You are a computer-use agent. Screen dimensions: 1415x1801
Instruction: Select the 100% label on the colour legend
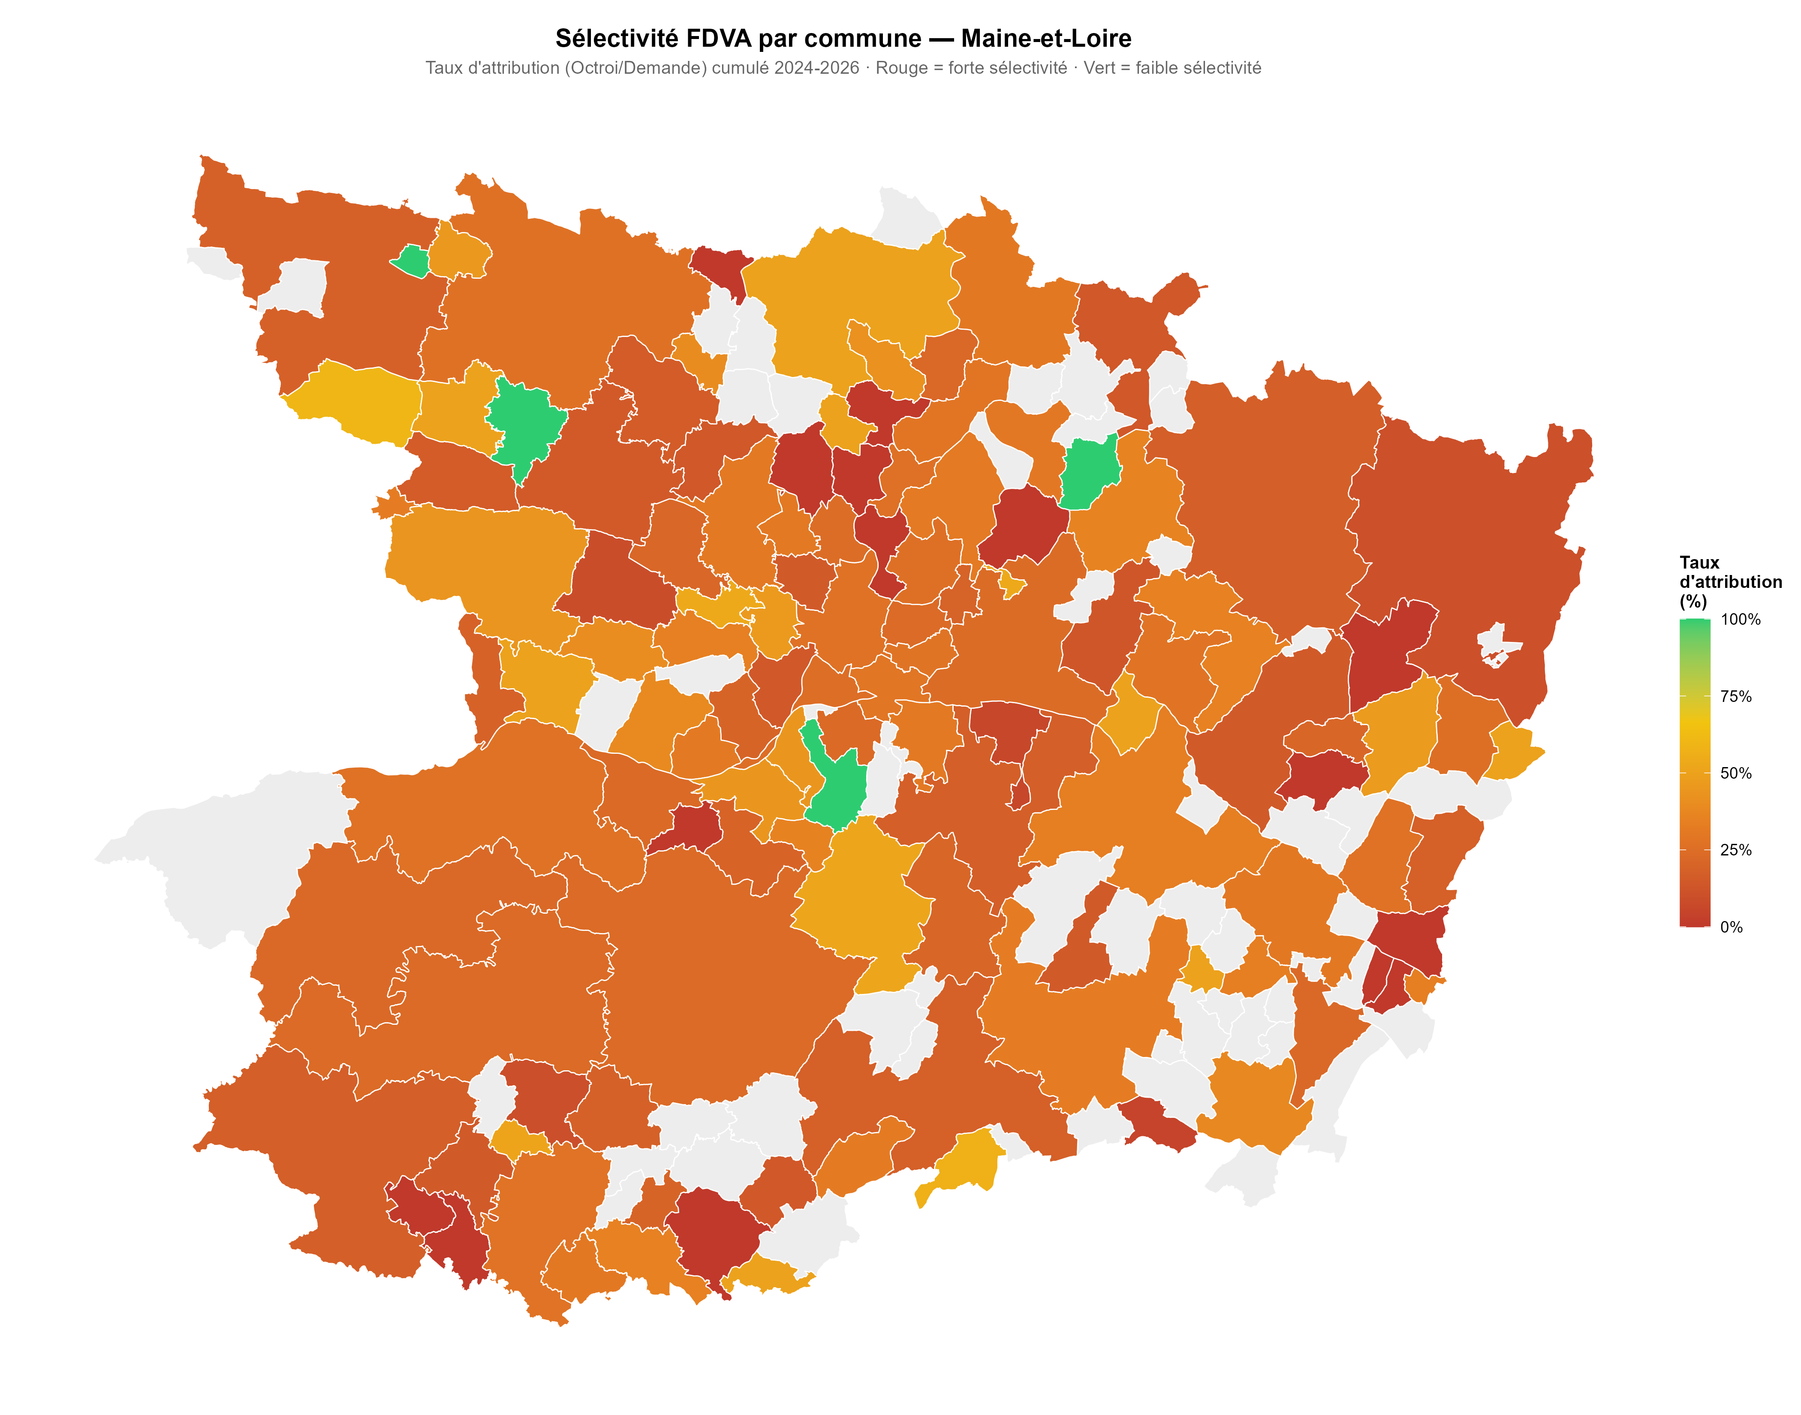click(x=1741, y=620)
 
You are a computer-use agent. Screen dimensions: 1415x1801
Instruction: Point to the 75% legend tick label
click(x=1736, y=697)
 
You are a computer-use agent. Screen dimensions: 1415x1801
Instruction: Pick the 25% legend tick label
click(x=1736, y=850)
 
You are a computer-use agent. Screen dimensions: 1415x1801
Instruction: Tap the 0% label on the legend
click(x=1732, y=927)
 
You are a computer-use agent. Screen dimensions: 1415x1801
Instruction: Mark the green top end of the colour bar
click(x=1695, y=623)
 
